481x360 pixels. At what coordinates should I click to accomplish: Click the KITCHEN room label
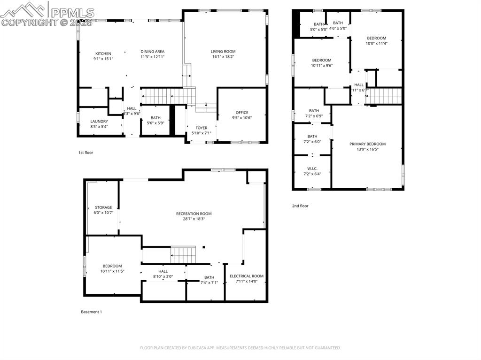pyautogui.click(x=103, y=54)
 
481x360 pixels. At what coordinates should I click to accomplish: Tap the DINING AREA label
pyautogui.click(x=152, y=52)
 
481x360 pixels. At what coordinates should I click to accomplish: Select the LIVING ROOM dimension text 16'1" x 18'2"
pyautogui.click(x=223, y=57)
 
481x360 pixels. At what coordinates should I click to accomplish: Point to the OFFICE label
pyautogui.click(x=242, y=113)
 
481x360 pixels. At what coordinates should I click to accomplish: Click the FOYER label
pyautogui.click(x=201, y=128)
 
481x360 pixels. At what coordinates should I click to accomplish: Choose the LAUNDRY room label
pyautogui.click(x=99, y=122)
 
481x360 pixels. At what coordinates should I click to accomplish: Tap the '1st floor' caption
pyautogui.click(x=85, y=153)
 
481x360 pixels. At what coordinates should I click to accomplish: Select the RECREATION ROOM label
pyautogui.click(x=194, y=214)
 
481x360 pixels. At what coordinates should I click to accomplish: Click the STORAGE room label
pyautogui.click(x=103, y=207)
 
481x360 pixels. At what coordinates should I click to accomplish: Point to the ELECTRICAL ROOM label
pyautogui.click(x=246, y=276)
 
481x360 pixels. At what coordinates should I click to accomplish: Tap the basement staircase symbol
pyautogui.click(x=183, y=255)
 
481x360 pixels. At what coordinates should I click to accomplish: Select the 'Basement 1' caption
pyautogui.click(x=91, y=312)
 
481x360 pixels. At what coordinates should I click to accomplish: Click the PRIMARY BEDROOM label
pyautogui.click(x=367, y=144)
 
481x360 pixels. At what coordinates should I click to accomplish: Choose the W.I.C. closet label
pyautogui.click(x=312, y=169)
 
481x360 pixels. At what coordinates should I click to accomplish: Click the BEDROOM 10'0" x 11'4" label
pyautogui.click(x=376, y=38)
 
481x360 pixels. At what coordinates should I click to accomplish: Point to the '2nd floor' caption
pyautogui.click(x=300, y=206)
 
